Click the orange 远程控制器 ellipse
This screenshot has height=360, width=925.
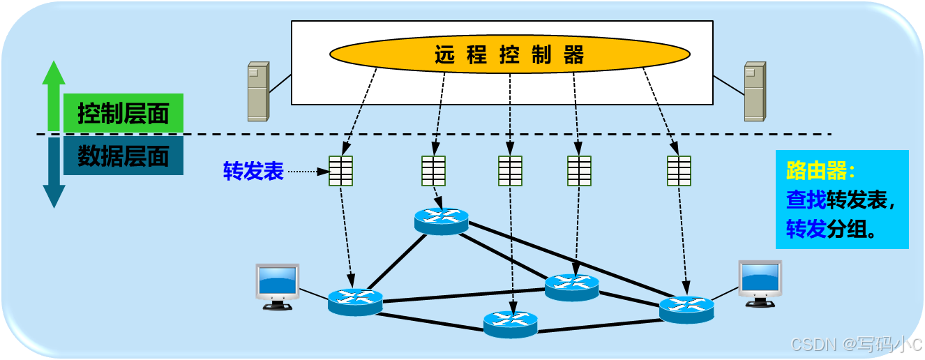(x=509, y=54)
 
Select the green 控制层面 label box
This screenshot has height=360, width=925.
(x=123, y=113)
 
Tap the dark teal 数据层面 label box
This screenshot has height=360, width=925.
(x=123, y=156)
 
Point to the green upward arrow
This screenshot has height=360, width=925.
(x=54, y=94)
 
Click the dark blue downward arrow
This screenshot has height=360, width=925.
(x=54, y=174)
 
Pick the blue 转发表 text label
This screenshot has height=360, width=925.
(x=253, y=171)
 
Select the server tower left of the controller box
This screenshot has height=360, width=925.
(x=258, y=91)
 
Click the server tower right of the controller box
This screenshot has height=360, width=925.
(x=755, y=91)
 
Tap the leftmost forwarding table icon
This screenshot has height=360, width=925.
(x=340, y=171)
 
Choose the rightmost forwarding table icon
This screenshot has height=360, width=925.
(x=679, y=171)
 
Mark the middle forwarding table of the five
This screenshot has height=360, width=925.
(x=510, y=171)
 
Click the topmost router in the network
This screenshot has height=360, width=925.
(x=441, y=220)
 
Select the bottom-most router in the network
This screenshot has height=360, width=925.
(x=511, y=324)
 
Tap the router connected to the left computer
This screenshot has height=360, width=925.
(x=355, y=302)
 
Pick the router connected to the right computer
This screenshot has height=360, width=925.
(x=686, y=308)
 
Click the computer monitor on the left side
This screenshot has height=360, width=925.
(x=278, y=285)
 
